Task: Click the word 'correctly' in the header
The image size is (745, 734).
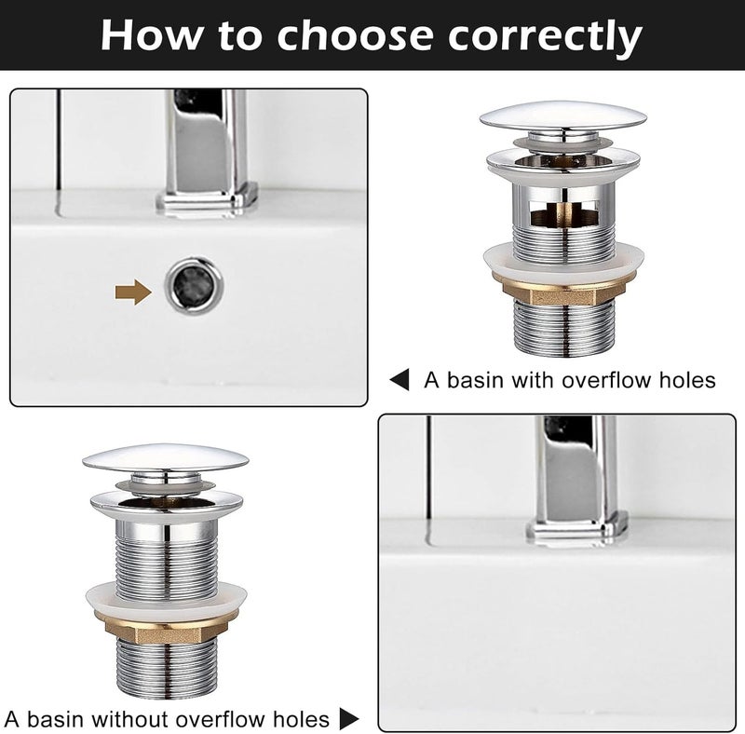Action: coord(545,36)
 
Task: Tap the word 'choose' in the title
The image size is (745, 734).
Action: coord(356,35)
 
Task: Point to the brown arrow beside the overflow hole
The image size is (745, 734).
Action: coord(133,292)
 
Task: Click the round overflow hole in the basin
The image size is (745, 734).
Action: coord(195,286)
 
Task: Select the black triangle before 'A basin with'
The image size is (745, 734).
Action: coord(400,380)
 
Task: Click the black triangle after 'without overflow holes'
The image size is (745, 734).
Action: coord(349,718)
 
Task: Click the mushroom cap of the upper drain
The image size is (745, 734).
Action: coord(563,116)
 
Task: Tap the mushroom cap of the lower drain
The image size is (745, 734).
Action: coord(166,457)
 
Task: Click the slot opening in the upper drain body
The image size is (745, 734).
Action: coord(564,212)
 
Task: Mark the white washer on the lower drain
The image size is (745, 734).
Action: coord(167,598)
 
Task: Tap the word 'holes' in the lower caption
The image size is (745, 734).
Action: coord(301,719)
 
